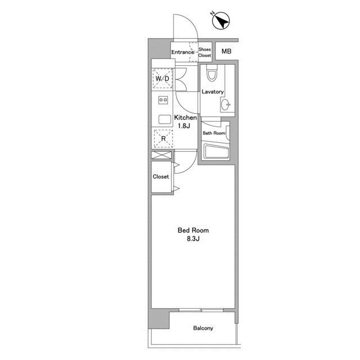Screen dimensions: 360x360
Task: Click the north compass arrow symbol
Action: pyautogui.click(x=220, y=20)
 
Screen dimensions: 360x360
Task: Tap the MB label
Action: pyautogui.click(x=226, y=51)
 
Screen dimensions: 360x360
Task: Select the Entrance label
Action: pyautogui.click(x=183, y=52)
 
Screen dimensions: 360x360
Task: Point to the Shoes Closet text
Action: pyautogui.click(x=205, y=52)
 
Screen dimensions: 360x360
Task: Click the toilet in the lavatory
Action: pyautogui.click(x=212, y=73)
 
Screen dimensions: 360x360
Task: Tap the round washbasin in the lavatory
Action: pyautogui.click(x=226, y=105)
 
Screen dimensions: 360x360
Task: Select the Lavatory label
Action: pyautogui.click(x=213, y=92)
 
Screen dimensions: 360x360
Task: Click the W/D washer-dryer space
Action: pyautogui.click(x=163, y=79)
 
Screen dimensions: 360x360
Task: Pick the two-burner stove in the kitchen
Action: pyautogui.click(x=163, y=100)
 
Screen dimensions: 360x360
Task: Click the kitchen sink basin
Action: pyautogui.click(x=165, y=120)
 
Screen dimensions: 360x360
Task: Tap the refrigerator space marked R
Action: pyautogui.click(x=163, y=138)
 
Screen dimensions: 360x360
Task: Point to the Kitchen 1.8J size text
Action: pyautogui.click(x=185, y=121)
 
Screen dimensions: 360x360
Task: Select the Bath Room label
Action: pyautogui.click(x=214, y=133)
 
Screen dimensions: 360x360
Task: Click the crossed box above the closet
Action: pyautogui.click(x=161, y=155)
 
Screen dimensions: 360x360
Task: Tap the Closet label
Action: pyautogui.click(x=161, y=177)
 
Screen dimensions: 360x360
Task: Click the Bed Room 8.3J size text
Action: pyautogui.click(x=193, y=235)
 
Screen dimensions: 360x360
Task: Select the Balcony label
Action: pyautogui.click(x=203, y=328)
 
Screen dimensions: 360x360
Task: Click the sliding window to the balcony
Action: pyautogui.click(x=201, y=310)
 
